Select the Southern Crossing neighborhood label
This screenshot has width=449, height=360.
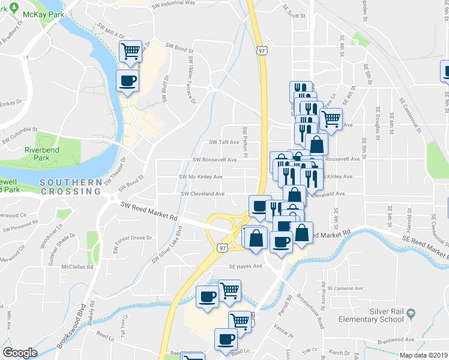coord(70,186)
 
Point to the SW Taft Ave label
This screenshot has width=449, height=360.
coord(224,143)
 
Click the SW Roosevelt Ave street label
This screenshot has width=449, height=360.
coord(215,160)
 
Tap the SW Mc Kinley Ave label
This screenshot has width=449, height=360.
coord(200,177)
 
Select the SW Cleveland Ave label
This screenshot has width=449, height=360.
coord(203,194)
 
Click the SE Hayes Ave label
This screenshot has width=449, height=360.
coord(246,266)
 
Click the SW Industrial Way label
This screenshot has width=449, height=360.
coord(174,3)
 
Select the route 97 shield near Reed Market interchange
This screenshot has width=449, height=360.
coord(223,247)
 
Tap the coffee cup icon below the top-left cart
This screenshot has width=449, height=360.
coord(127,80)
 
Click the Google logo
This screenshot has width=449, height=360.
coord(20,353)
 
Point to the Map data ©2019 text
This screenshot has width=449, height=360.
coord(423,355)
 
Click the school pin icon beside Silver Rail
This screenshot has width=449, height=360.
coord(411,313)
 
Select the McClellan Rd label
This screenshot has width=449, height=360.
coord(80,267)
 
